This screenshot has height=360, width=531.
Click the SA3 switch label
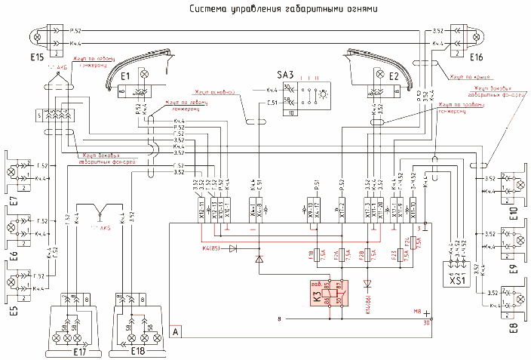[286, 75]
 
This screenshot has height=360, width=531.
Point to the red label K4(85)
[212, 247]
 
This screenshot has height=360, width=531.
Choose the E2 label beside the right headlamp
[393, 75]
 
